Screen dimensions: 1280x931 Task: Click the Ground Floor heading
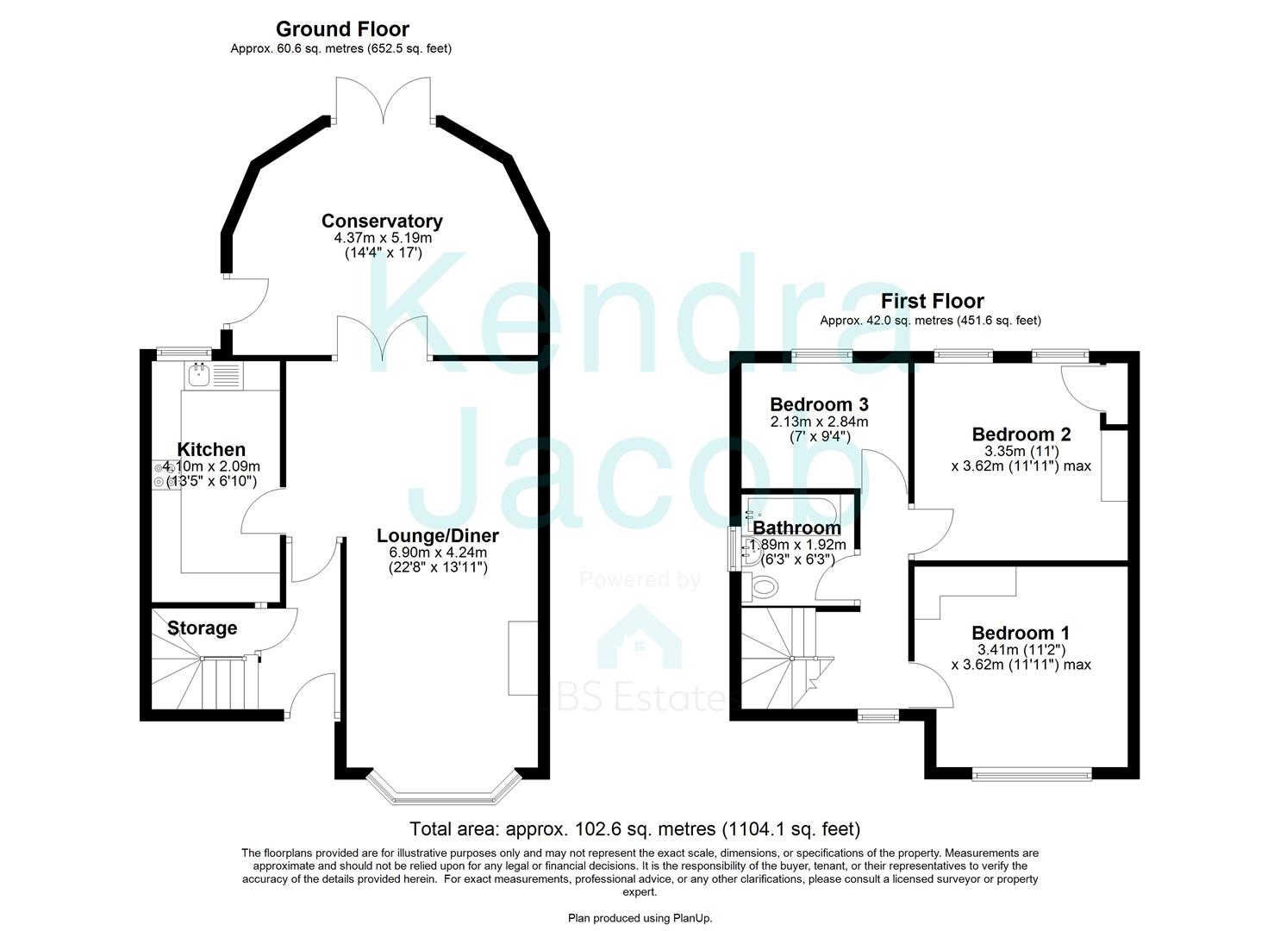[x=342, y=29]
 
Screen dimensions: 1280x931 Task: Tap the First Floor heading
[x=932, y=301]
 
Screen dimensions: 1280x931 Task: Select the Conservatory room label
[x=382, y=221]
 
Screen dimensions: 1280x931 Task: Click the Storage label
[x=203, y=628]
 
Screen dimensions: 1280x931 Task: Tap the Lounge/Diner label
[x=438, y=535]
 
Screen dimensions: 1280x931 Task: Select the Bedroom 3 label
[x=819, y=404]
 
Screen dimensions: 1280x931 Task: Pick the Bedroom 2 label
[x=1021, y=434]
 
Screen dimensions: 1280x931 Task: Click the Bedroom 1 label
[x=1021, y=633]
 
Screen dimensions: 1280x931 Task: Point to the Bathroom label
[x=796, y=528]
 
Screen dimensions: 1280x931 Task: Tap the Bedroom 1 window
[x=1032, y=775]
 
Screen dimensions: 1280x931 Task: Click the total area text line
[x=635, y=828]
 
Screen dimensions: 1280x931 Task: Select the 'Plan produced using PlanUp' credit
[x=640, y=918]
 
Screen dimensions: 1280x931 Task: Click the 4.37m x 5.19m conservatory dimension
[x=383, y=238]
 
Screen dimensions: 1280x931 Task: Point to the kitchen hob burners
[x=159, y=476]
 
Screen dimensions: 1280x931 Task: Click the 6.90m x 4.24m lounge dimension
[x=438, y=553]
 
